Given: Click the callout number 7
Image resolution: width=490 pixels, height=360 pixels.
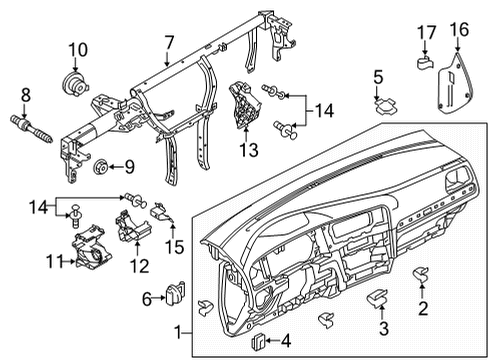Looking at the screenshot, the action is click(169, 43).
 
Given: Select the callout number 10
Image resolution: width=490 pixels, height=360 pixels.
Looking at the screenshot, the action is click(78, 50).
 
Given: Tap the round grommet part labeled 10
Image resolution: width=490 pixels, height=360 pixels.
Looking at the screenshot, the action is click(74, 84).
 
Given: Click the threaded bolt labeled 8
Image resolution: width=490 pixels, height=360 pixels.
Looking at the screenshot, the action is click(32, 129).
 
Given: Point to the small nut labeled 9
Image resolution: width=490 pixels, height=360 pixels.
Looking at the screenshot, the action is click(100, 167).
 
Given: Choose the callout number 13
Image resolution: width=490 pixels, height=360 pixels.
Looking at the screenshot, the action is click(249, 150).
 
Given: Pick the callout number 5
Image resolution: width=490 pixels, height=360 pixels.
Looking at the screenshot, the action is click(378, 77).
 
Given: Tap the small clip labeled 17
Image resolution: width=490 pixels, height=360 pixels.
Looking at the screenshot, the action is click(424, 63).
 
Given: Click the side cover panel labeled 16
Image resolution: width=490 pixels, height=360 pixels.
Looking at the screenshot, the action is click(455, 82).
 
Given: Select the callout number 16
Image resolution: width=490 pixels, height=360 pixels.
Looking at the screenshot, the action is click(459, 29).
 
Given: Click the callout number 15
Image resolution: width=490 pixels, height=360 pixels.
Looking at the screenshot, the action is click(174, 247).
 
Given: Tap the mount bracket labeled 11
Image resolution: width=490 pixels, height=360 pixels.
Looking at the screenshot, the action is click(90, 247).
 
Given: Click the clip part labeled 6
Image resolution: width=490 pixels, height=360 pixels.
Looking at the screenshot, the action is click(175, 292).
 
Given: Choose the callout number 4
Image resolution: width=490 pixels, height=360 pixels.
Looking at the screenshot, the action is click(286, 341).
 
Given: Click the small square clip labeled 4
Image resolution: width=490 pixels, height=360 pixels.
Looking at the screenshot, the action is click(258, 341).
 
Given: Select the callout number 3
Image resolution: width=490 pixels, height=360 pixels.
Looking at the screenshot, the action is click(384, 328).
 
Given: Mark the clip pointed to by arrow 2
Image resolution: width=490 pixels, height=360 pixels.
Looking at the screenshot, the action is click(421, 273).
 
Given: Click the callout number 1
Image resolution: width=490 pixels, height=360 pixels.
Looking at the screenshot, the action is click(179, 332).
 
